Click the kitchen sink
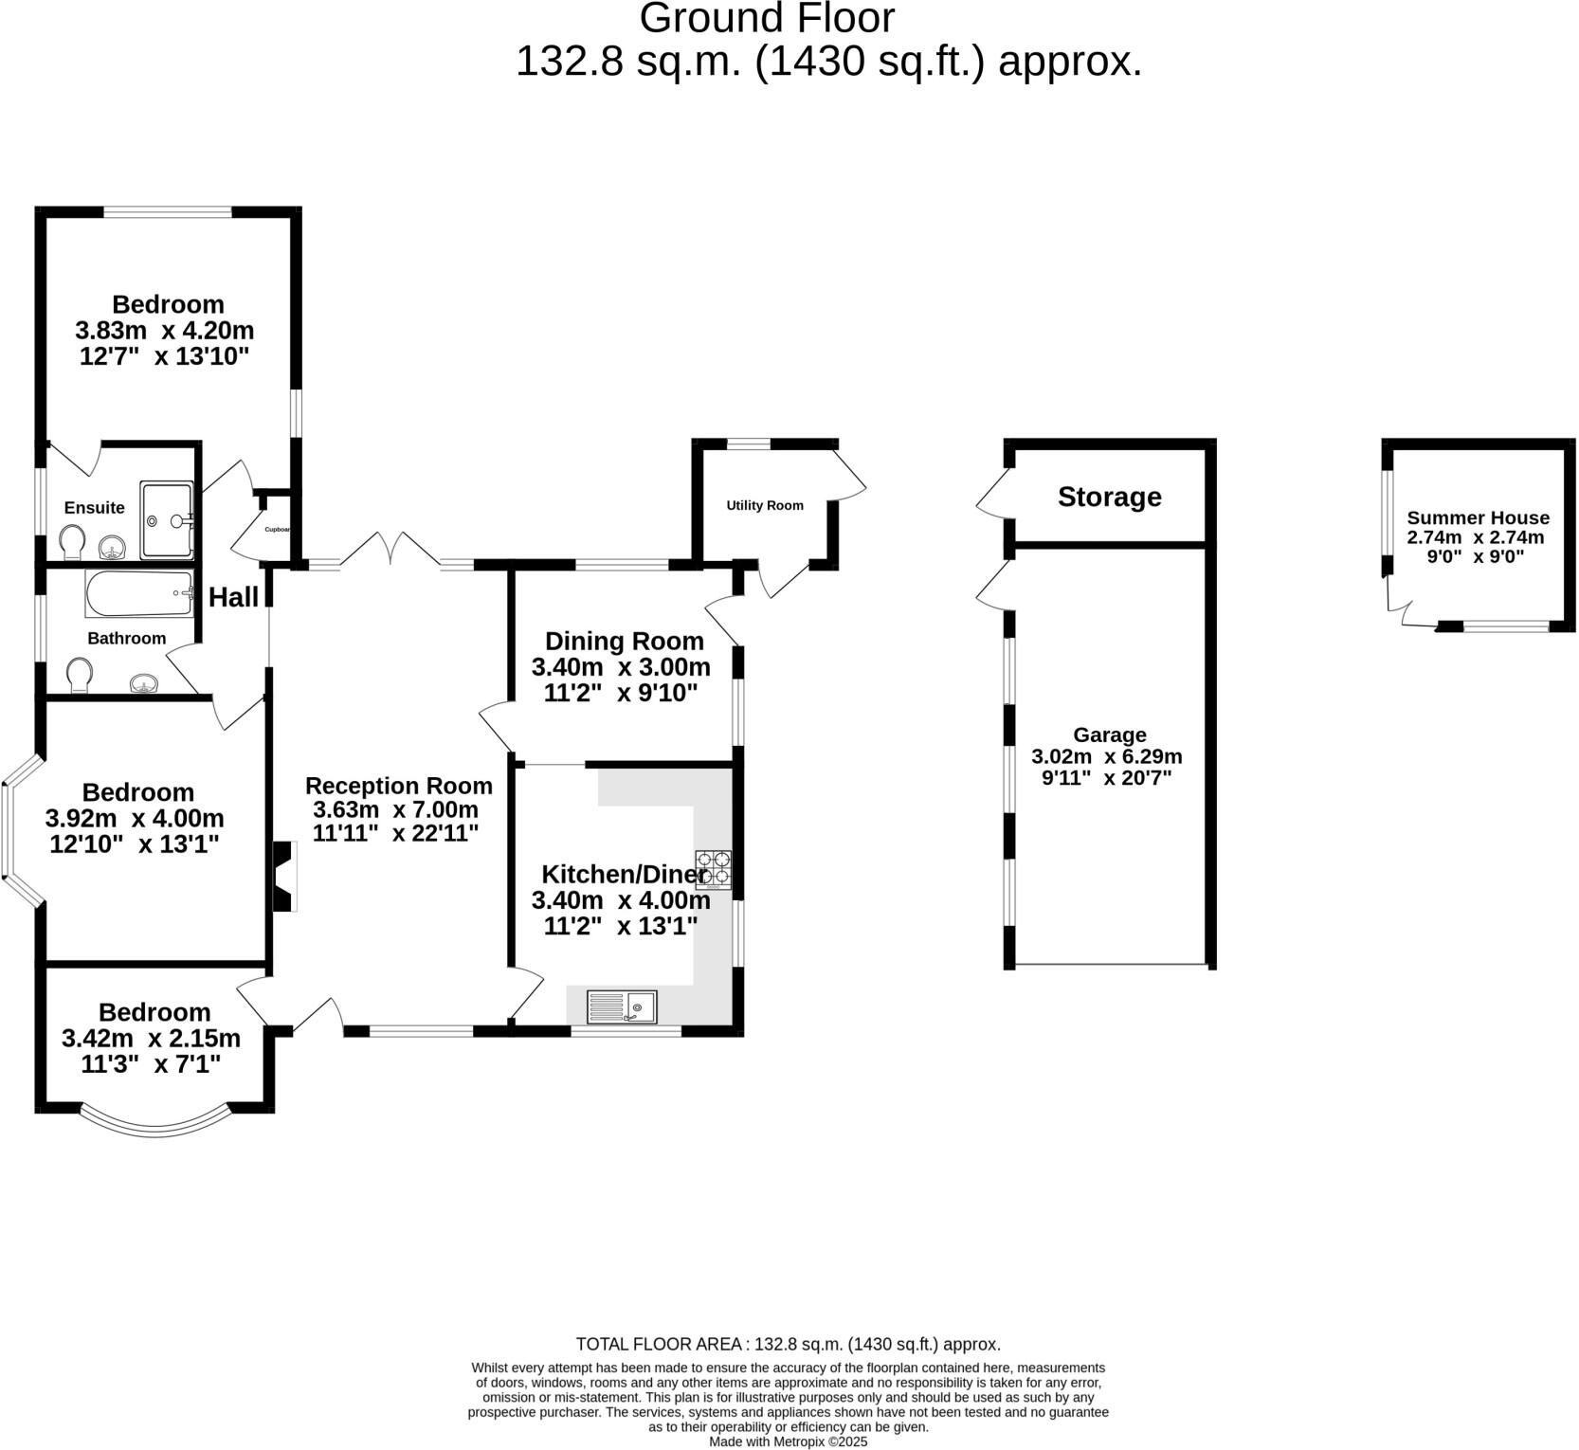[x=622, y=1006]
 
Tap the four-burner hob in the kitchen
[x=714, y=870]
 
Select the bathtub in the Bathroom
[x=139, y=594]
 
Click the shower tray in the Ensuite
[x=167, y=520]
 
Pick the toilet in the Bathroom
[x=81, y=677]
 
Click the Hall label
[x=233, y=597]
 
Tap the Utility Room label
[x=765, y=505]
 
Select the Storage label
[x=1110, y=497]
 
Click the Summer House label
[x=1478, y=517]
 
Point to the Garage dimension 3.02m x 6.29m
[x=1107, y=756]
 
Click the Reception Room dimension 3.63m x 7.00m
[x=396, y=809]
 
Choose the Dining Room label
[x=625, y=642]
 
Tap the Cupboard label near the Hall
[x=277, y=530]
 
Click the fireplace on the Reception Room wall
[x=284, y=877]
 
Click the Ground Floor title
[x=767, y=19]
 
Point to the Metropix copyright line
[x=789, y=1441]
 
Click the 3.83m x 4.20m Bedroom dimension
[x=165, y=331]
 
